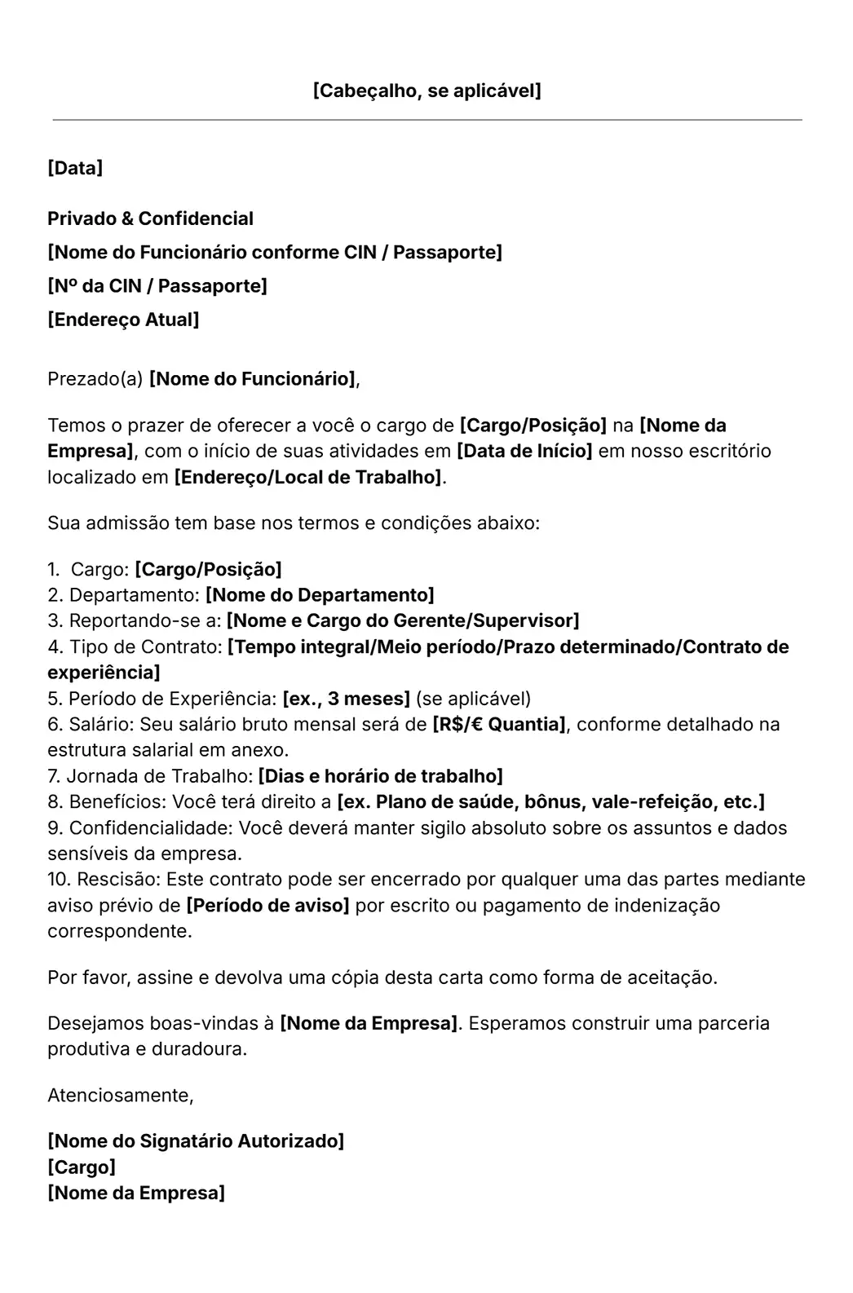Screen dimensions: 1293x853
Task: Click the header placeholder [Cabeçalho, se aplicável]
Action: [426, 90]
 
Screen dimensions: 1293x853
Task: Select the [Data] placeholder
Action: [75, 169]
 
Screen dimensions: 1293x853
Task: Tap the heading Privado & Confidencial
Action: [150, 218]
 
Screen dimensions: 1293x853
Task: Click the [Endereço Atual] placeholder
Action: [123, 320]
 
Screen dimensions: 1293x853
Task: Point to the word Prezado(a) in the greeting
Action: [95, 379]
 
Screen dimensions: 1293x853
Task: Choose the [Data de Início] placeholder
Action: [524, 451]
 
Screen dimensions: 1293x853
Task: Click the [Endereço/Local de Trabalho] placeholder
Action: [308, 477]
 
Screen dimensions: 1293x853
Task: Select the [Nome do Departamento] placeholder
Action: [320, 595]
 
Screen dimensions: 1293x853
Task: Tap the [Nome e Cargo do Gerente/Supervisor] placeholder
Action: [403, 621]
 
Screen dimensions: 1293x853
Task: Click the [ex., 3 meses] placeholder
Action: [346, 699]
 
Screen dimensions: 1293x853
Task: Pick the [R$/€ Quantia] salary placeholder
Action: [499, 725]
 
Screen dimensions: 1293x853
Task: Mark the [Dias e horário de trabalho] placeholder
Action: [380, 776]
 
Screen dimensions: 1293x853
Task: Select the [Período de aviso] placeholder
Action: [267, 906]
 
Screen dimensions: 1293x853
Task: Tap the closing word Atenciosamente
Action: [120, 1096]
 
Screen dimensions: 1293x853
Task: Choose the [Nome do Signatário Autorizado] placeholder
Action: [196, 1141]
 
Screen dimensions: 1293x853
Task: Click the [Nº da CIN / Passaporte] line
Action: [157, 286]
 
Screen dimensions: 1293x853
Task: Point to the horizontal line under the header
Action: [426, 120]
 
